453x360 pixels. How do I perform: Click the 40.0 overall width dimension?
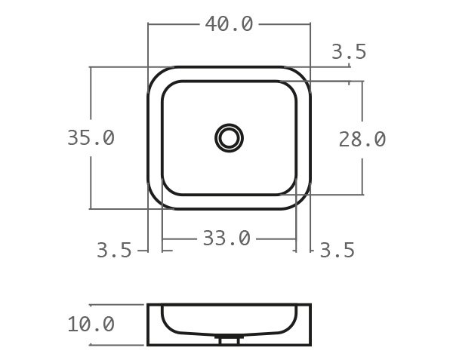229,24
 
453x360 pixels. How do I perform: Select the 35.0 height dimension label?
91,138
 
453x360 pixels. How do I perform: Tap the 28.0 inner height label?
362,139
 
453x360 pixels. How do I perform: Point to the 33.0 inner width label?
226,238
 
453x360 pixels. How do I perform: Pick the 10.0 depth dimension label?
91,325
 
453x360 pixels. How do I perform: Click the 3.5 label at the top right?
349,52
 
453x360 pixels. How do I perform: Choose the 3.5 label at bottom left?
114,251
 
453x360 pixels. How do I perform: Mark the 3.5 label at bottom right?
337,251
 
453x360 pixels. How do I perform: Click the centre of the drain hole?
229,138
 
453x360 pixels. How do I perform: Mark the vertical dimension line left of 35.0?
91,98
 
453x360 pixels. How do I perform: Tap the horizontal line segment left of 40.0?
174,24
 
